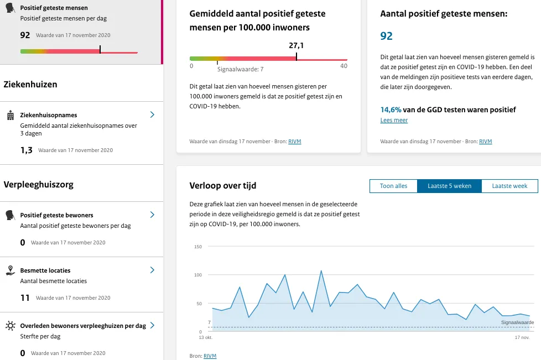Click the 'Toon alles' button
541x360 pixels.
[393, 186]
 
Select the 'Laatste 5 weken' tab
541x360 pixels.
[449, 186]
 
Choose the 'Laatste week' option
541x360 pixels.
[509, 186]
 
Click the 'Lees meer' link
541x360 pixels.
[394, 120]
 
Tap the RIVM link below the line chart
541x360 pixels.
[210, 356]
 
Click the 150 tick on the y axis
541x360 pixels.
[198, 246]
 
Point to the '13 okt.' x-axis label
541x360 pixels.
[206, 337]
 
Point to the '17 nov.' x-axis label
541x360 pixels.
[522, 337]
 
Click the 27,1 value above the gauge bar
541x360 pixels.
[296, 46]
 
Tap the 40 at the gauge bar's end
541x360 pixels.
[344, 66]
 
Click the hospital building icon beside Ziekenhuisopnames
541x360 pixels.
[10, 115]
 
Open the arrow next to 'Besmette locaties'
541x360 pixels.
[152, 270]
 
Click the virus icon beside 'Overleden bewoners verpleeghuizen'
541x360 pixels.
[10, 325]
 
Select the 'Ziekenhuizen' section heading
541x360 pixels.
[30, 85]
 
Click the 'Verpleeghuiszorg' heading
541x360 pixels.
[39, 184]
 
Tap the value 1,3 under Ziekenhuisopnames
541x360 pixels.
[27, 150]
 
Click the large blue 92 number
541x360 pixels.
[386, 36]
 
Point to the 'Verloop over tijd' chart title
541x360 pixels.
[223, 185]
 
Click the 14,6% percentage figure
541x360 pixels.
[392, 109]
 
